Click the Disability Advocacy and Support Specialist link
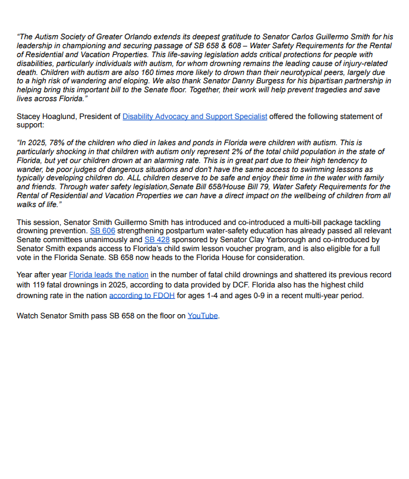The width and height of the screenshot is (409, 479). pyautogui.click(x=194, y=117)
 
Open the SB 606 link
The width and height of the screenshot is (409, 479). pyautogui.click(x=102, y=230)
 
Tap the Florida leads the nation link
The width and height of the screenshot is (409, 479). pyautogui.click(x=108, y=275)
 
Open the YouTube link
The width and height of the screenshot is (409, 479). pyautogui.click(x=203, y=315)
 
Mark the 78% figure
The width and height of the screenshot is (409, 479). pyautogui.click(x=56, y=143)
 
